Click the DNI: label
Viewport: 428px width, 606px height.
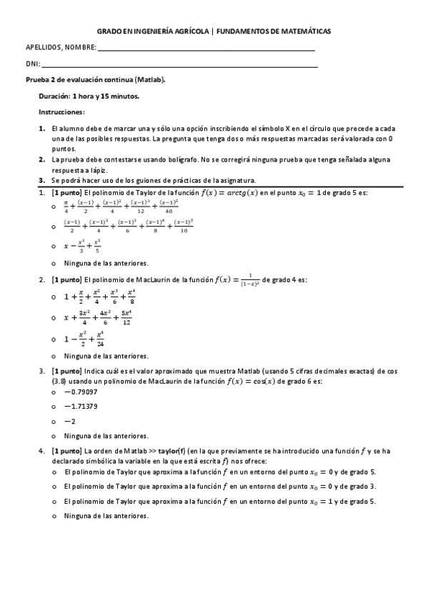32,65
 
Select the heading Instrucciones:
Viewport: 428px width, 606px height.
61,112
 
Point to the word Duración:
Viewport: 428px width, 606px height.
55,96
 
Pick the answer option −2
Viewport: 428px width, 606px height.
69,421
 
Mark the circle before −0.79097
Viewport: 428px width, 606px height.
54,392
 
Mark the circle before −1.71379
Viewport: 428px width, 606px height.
54,407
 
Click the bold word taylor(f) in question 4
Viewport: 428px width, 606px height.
171,452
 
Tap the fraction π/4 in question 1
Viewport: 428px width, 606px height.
66,207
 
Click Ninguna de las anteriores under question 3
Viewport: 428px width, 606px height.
106,435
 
